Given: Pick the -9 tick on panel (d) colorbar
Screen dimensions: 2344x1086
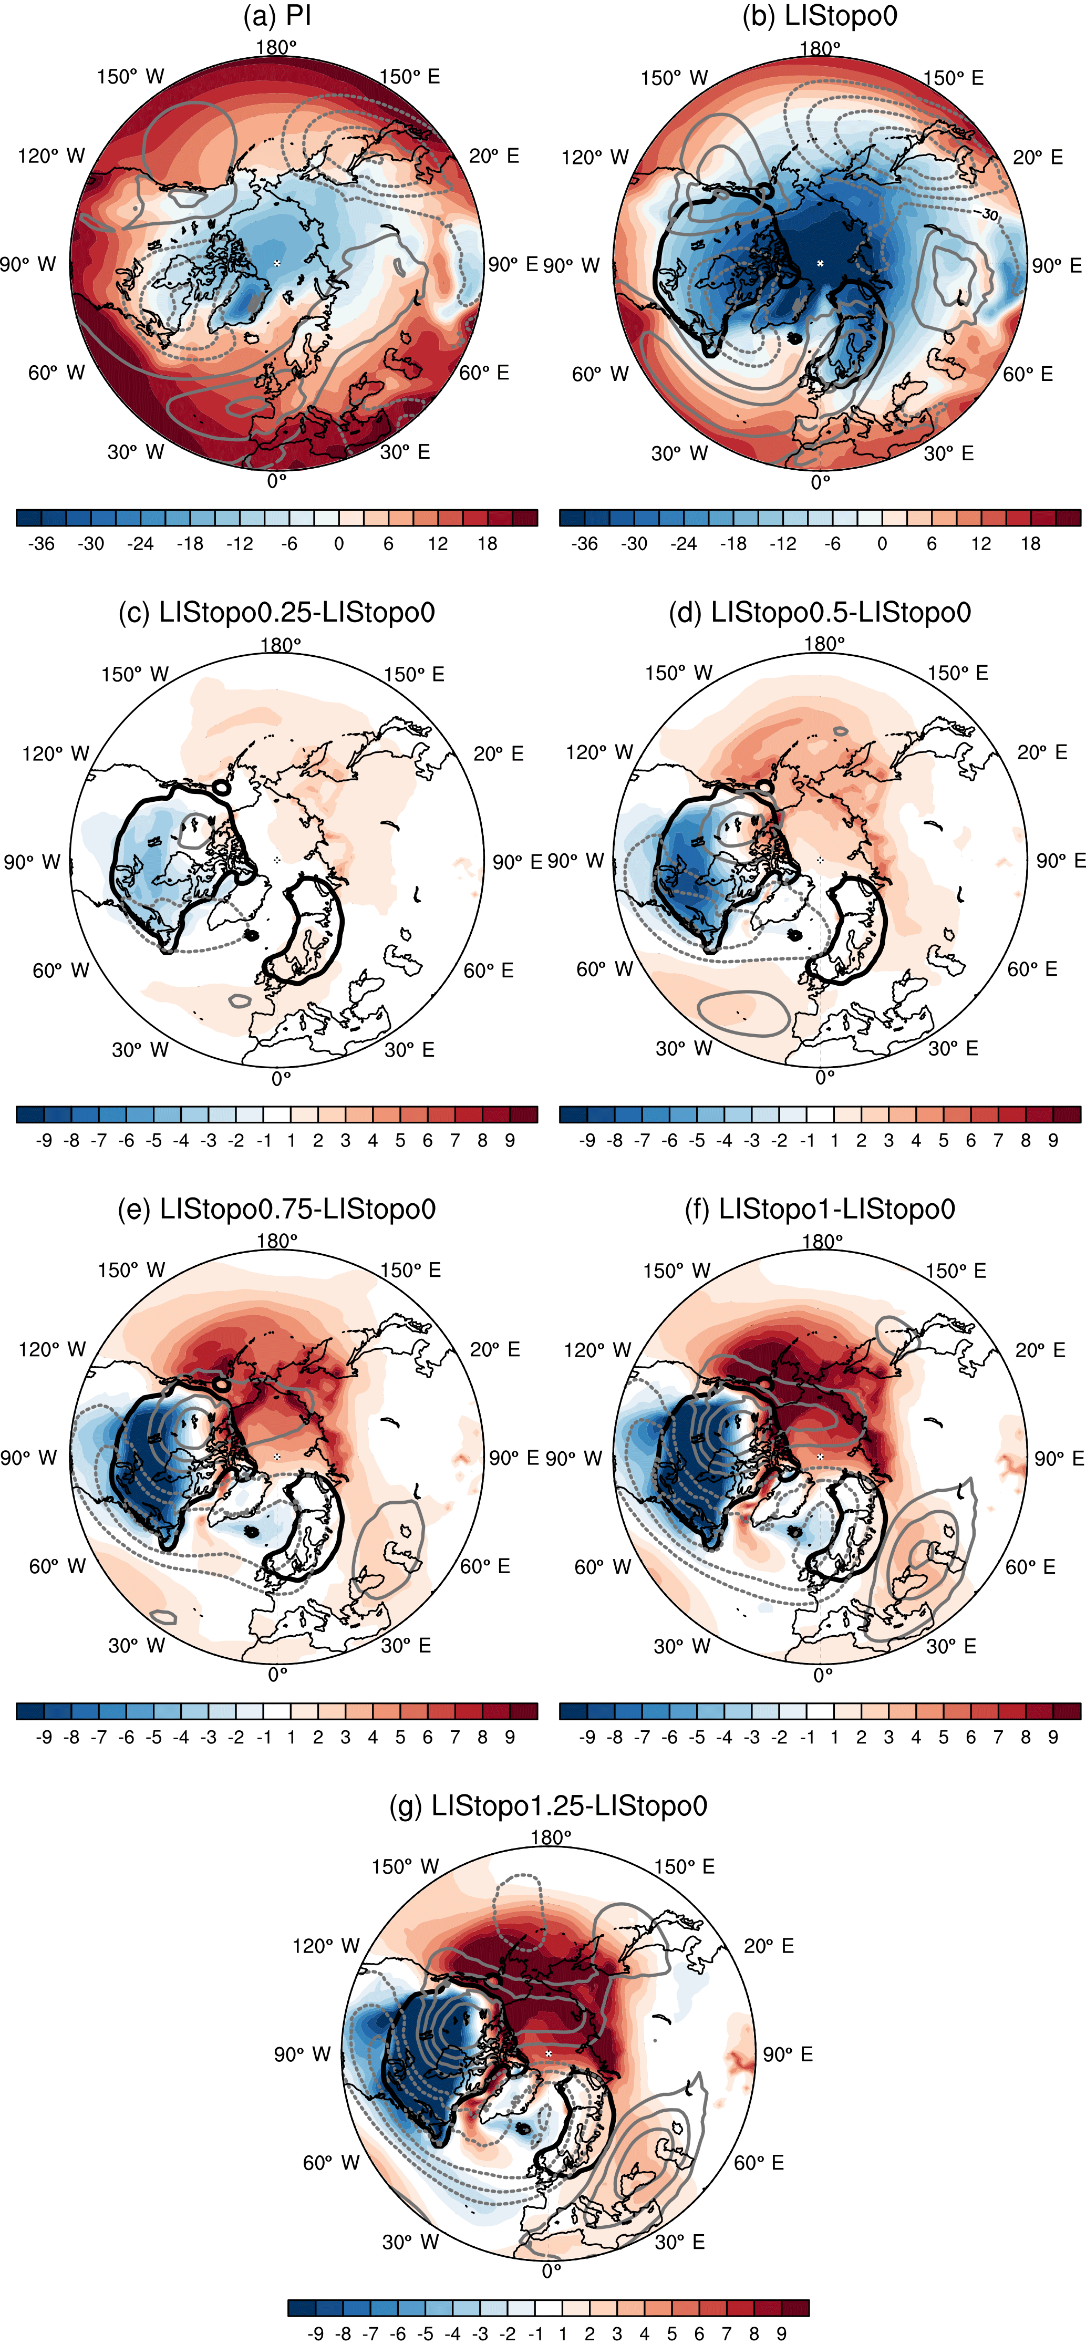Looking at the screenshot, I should (x=587, y=1140).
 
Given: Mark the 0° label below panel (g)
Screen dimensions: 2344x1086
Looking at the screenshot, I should (x=551, y=2270).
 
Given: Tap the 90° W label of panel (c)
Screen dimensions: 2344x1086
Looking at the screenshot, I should (x=32, y=862).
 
